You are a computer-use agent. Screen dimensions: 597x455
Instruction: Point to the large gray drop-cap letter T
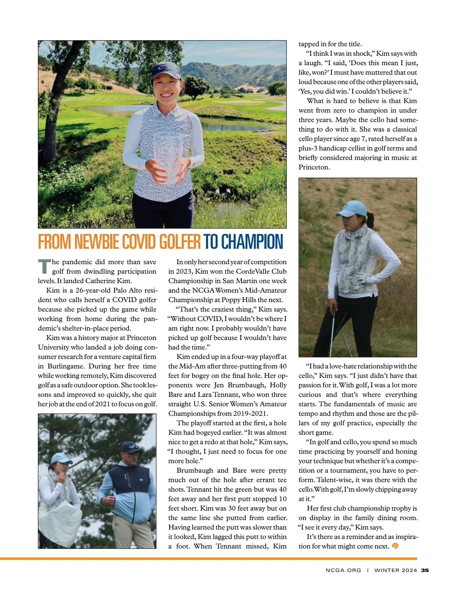pos(44,266)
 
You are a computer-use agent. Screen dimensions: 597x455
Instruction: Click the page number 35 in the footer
pos(425,570)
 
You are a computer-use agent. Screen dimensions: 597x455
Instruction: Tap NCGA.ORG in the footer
pos(343,570)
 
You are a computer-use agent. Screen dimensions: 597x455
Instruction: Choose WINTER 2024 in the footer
pos(395,570)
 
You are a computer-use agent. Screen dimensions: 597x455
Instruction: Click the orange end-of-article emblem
pos(395,546)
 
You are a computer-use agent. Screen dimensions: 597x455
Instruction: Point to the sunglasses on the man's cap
pos(131,447)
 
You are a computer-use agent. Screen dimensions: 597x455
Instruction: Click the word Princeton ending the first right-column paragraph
pos(314,167)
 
